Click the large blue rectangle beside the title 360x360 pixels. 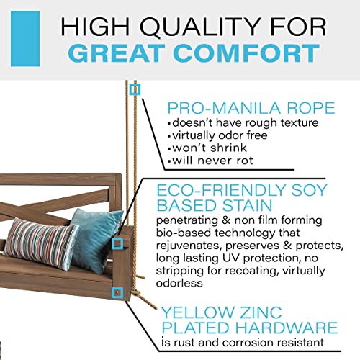tap(25, 39)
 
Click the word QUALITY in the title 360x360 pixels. tap(201, 27)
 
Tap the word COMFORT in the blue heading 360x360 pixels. tap(247, 53)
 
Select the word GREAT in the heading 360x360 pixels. tap(117, 53)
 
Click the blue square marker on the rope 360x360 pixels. tap(135, 90)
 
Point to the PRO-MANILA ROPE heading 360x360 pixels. tap(251, 108)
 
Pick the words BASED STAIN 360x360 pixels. tap(215, 205)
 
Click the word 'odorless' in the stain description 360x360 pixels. tap(179, 283)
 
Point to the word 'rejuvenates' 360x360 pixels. tap(188, 246)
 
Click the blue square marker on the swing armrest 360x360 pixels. tap(117, 244)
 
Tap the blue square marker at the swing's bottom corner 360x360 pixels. tap(117, 293)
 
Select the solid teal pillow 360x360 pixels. tap(96, 240)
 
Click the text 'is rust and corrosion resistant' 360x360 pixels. tap(243, 343)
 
